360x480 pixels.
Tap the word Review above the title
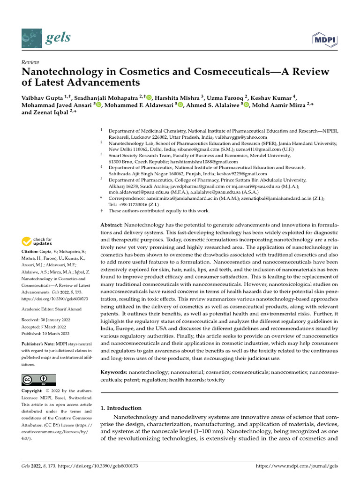30,62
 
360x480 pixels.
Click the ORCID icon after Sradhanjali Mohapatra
150,97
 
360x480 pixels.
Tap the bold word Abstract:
113,225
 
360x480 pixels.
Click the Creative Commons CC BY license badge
38,380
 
